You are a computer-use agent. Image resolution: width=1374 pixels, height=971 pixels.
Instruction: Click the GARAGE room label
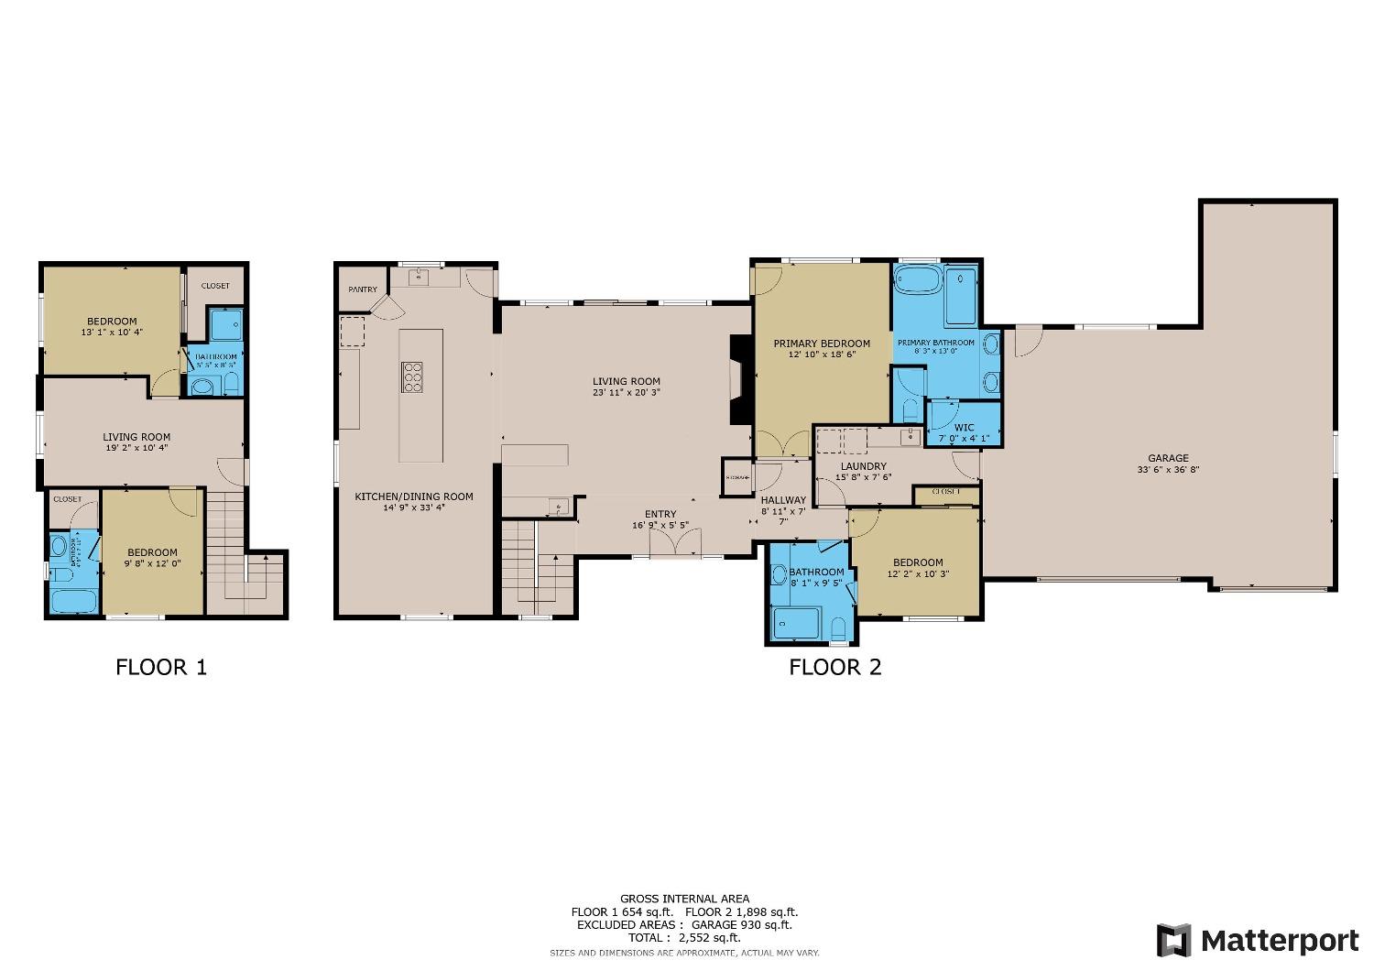(1168, 458)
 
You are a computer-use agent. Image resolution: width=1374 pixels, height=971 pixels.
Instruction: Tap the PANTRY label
(363, 289)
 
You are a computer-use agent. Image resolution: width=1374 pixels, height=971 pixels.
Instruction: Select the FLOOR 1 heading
(161, 667)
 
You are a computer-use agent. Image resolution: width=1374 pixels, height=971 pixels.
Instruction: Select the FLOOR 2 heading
(834, 667)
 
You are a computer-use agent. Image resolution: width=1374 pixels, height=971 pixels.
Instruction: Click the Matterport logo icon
(1174, 941)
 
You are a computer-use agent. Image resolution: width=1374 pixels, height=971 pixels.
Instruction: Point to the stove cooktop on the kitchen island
(412, 377)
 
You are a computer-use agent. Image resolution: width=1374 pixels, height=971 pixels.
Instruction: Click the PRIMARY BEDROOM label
(822, 344)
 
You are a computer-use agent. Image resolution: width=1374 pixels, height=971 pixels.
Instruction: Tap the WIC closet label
(964, 427)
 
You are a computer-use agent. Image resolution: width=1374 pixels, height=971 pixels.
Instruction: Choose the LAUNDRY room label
(863, 466)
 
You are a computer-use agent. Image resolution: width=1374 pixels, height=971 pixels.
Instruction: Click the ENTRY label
(660, 514)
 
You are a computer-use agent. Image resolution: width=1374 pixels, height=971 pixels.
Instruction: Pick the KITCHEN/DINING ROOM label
(414, 496)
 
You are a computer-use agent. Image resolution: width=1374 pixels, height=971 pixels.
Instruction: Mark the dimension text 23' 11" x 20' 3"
(626, 392)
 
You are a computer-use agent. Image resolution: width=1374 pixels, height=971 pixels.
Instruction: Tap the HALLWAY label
(783, 500)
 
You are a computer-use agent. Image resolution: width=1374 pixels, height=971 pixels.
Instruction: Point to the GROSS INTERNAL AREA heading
(684, 899)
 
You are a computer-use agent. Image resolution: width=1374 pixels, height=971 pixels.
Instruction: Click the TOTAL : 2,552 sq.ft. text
(684, 938)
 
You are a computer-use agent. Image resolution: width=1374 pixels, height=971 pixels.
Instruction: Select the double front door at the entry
(675, 544)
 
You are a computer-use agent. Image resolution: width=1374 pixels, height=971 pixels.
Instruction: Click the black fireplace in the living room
(738, 379)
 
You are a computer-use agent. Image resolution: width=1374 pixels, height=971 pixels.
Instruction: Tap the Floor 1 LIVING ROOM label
(136, 437)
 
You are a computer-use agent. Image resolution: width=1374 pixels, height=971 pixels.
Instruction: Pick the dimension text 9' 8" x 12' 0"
(152, 563)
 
